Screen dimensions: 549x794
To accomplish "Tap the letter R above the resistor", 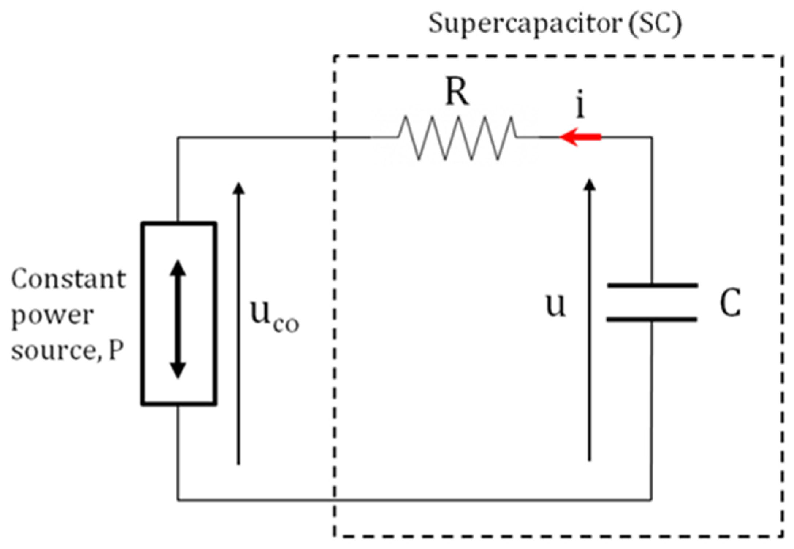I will coord(457,93).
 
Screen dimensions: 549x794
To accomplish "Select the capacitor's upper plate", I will coord(652,285).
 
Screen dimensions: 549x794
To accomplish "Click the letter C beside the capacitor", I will coord(730,303).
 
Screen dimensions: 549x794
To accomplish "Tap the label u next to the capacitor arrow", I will coord(555,305).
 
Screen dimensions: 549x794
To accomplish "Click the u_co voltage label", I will coord(274,316).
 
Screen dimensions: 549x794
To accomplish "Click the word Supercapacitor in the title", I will coord(525,24).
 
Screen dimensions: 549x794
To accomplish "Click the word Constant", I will coord(68,279).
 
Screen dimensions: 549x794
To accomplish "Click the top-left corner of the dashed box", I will coord(334,56).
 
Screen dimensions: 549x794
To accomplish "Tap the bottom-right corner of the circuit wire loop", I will coord(651,499).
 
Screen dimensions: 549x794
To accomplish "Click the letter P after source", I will coord(116,350).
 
